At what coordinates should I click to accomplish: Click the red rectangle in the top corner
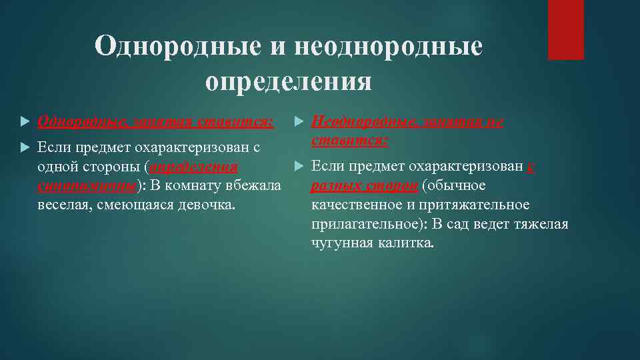[x=565, y=29]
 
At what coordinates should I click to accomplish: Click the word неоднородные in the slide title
[x=387, y=47]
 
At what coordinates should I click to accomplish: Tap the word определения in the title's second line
[x=288, y=81]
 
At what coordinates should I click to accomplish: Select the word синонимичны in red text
[x=87, y=184]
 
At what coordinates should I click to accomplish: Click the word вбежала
[x=257, y=184]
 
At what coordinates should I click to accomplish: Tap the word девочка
[x=207, y=203]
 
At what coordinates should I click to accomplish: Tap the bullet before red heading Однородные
[x=25, y=123]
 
